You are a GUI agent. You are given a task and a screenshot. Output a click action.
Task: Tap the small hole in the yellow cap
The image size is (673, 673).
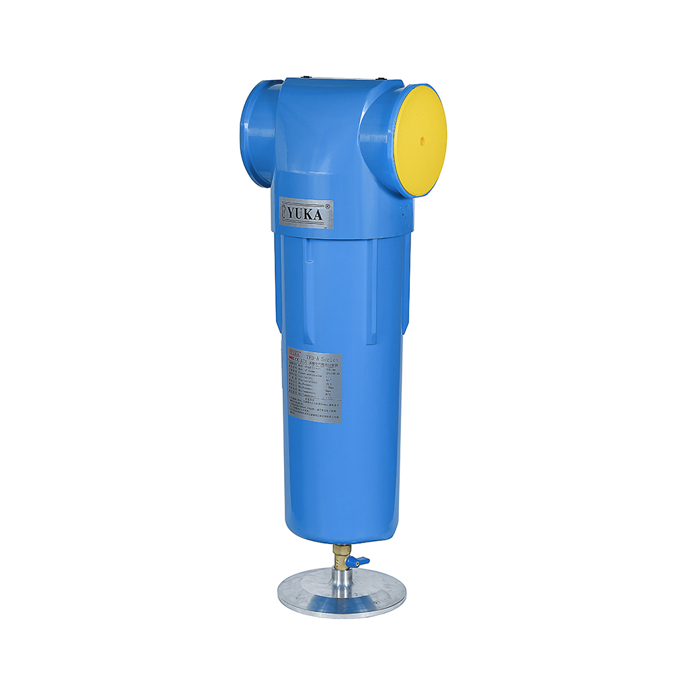422,141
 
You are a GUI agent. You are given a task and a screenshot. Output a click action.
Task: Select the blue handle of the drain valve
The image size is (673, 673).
363,560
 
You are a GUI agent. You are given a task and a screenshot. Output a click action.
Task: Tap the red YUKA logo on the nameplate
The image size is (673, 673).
293,352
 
